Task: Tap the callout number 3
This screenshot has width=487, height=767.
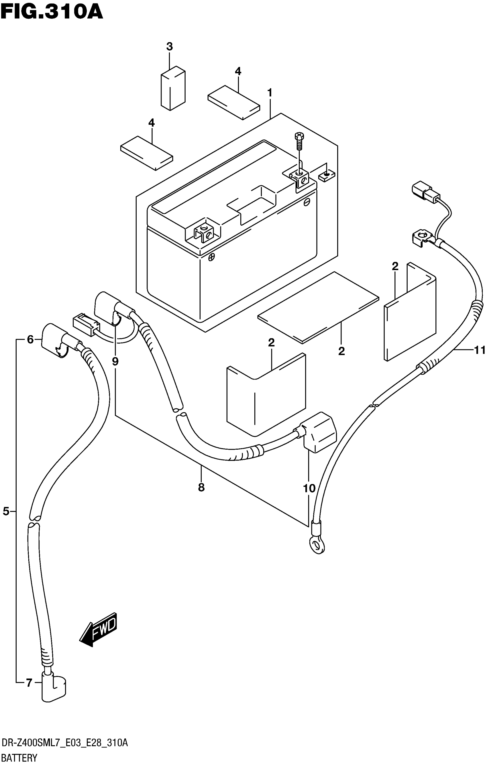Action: pyautogui.click(x=169, y=46)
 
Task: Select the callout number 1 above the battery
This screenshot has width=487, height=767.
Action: pyautogui.click(x=270, y=93)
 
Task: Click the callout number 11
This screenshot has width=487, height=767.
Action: pyautogui.click(x=479, y=350)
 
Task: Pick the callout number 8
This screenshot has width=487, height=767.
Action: pyautogui.click(x=201, y=487)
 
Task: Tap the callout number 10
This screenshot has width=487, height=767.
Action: pyautogui.click(x=309, y=488)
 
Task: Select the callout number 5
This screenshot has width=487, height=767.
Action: pyautogui.click(x=6, y=512)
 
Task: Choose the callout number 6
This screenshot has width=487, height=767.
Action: pyautogui.click(x=30, y=340)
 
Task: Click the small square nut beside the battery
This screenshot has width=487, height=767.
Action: pyautogui.click(x=326, y=176)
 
